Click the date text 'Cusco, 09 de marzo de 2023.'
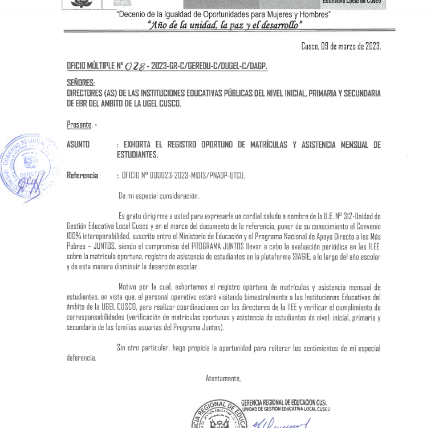[x=341, y=47]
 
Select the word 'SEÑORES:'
[x=81, y=83]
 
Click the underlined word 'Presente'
[x=79, y=124]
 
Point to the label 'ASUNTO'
[x=78, y=145]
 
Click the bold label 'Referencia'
[x=82, y=176]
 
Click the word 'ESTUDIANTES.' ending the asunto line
[x=137, y=155]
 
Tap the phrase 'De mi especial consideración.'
[x=158, y=196]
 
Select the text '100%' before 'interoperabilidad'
[x=74, y=236]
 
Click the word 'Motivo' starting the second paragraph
[x=128, y=287]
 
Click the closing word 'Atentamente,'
[x=223, y=378]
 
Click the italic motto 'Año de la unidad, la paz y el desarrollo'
[x=225, y=25]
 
